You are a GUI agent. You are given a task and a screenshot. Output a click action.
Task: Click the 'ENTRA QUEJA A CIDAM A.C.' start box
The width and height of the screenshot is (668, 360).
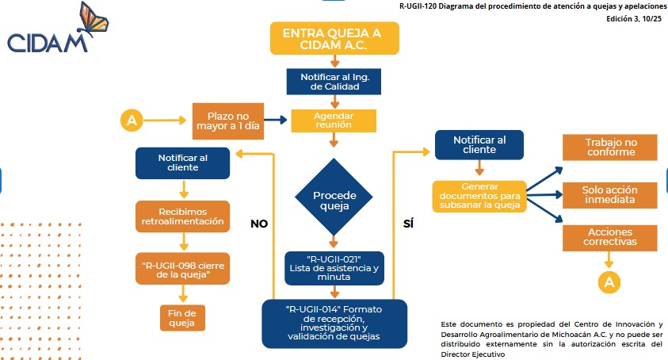click(x=334, y=40)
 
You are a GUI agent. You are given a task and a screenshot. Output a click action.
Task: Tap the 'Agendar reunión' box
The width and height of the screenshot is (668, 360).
click(x=333, y=119)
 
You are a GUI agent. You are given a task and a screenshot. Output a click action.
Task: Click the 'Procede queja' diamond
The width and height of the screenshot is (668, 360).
click(x=334, y=201)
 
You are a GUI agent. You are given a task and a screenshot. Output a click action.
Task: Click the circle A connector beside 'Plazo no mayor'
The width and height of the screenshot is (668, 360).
click(x=132, y=121)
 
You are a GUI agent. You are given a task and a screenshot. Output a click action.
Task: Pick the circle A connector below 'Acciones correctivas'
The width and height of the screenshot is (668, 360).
click(x=609, y=281)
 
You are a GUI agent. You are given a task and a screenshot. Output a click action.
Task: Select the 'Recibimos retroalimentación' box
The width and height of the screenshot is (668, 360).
click(x=183, y=216)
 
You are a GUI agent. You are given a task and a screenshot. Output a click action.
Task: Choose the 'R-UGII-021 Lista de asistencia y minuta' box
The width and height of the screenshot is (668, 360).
click(x=334, y=268)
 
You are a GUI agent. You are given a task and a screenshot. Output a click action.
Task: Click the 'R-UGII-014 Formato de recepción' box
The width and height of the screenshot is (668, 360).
click(x=334, y=322)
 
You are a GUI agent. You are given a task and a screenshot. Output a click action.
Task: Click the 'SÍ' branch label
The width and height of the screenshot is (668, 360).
click(x=409, y=224)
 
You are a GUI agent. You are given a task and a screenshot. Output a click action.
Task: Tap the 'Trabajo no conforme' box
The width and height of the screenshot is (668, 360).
click(x=609, y=147)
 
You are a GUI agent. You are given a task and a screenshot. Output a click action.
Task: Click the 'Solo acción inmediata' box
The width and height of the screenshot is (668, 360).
click(x=609, y=194)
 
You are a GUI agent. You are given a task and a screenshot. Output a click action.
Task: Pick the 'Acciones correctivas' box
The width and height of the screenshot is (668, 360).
click(x=609, y=237)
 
